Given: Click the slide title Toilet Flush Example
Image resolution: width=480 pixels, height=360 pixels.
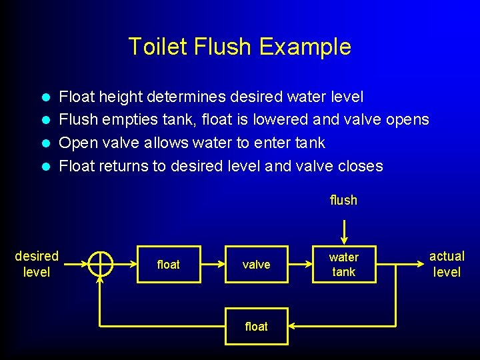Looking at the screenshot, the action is [x=239, y=47].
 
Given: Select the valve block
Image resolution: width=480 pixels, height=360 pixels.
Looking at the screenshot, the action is [x=256, y=265].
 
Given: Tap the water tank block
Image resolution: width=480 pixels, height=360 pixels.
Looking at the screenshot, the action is [x=343, y=265].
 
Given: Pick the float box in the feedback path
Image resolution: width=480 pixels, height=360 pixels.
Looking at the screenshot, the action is [x=256, y=326].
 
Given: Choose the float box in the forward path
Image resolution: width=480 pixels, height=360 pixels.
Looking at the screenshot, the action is [x=168, y=265].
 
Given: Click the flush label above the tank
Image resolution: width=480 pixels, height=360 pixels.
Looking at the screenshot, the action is [x=343, y=200].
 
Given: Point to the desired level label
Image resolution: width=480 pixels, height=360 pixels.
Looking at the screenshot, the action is [x=37, y=264].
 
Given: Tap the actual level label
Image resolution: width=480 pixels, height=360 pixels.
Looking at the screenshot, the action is [x=447, y=264].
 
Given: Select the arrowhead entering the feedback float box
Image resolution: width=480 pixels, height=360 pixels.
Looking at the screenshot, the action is [x=293, y=326].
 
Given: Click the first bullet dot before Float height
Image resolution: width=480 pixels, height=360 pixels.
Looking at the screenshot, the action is [x=47, y=97].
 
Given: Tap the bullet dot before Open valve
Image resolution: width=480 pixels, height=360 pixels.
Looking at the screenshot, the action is [x=47, y=143].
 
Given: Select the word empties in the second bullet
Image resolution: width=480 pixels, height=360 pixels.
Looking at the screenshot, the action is [x=122, y=120].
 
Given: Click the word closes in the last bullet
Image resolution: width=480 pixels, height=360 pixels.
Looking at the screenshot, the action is [x=361, y=166].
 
